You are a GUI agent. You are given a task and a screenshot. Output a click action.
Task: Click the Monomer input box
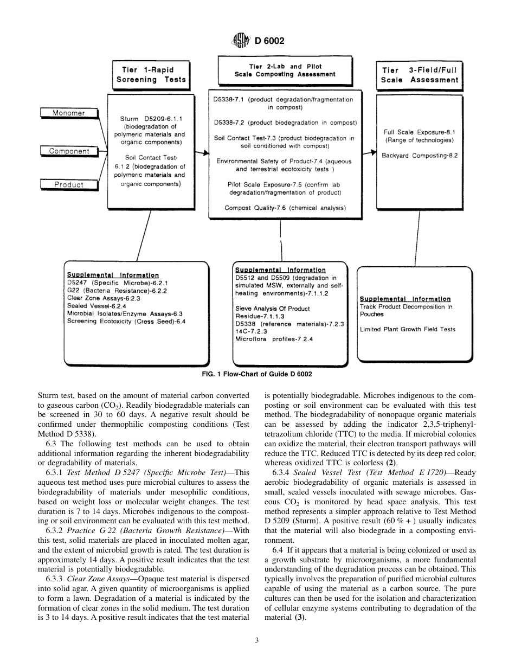68,113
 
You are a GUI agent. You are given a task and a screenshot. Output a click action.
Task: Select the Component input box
68,151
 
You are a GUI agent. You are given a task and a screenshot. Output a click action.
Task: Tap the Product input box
68,184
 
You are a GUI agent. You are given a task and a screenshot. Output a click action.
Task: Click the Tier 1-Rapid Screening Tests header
151,75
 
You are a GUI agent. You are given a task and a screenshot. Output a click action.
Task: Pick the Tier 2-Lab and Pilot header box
285,70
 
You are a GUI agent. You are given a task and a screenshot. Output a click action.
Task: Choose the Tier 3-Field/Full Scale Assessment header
420,75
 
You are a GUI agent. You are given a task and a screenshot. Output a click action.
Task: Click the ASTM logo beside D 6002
240,40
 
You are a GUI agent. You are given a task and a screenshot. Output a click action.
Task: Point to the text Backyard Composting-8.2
420,155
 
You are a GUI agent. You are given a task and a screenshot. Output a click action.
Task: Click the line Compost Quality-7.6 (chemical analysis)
285,208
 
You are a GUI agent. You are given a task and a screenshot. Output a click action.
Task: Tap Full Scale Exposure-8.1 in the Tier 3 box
420,132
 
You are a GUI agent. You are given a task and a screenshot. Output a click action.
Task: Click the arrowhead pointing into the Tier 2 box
205,154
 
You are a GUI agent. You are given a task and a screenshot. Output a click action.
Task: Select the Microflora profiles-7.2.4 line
274,339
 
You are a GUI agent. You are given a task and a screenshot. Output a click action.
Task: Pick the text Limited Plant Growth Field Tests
408,329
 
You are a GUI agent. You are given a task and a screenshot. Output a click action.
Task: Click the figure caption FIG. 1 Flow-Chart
257,374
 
